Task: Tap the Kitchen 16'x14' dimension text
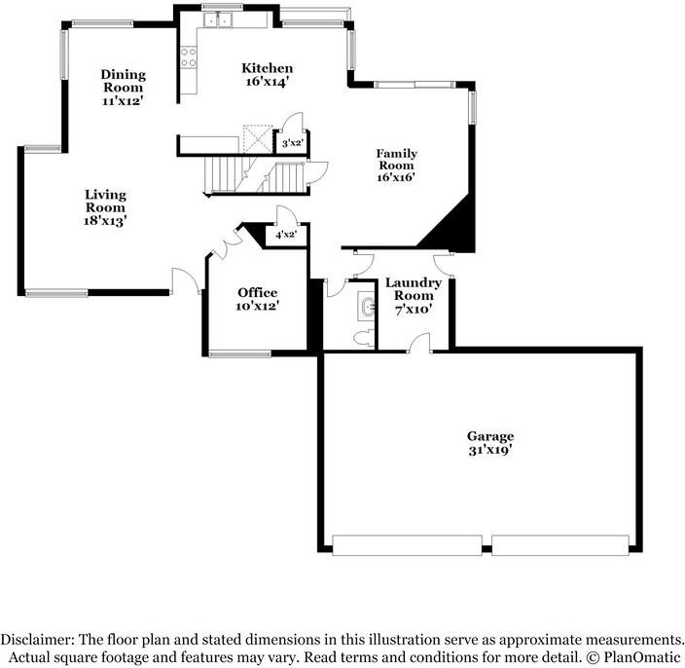pyautogui.click(x=267, y=83)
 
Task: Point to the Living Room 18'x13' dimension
pyautogui.click(x=105, y=221)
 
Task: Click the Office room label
pyautogui.click(x=257, y=293)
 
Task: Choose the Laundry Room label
pyautogui.click(x=414, y=289)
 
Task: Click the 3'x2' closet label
pyautogui.click(x=290, y=144)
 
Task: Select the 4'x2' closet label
pyautogui.click(x=285, y=235)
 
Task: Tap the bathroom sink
pyautogui.click(x=367, y=309)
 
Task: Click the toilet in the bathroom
pyautogui.click(x=364, y=337)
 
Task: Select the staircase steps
pyautogui.click(x=255, y=175)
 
